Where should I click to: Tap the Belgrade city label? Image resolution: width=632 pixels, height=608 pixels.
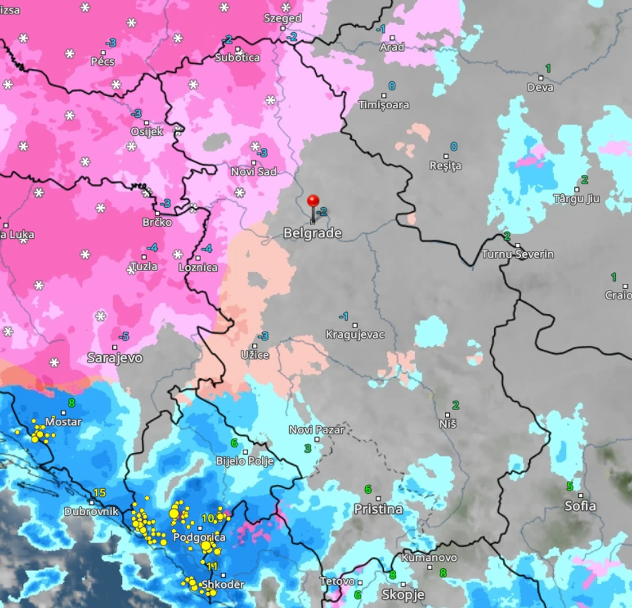point(312,233)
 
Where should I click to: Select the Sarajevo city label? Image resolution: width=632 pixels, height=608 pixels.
point(115,358)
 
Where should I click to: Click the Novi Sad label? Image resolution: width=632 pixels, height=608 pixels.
point(253,172)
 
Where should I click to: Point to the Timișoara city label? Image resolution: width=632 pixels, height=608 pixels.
point(383,105)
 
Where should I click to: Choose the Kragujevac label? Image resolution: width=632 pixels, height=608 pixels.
point(355,334)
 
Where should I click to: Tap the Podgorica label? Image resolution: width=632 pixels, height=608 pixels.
point(199,537)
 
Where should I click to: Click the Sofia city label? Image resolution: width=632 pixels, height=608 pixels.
point(581,506)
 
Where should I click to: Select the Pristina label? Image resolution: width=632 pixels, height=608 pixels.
point(379,509)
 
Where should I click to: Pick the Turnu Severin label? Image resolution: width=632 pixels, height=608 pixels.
point(518,254)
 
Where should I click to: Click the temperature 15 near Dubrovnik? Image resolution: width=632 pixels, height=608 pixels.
point(100,493)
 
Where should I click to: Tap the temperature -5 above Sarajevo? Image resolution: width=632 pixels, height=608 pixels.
point(124,336)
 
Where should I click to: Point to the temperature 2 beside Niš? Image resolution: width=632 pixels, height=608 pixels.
point(455,405)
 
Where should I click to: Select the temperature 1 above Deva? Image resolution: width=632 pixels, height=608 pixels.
point(547,69)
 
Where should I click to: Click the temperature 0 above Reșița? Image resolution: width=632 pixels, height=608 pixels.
point(453,147)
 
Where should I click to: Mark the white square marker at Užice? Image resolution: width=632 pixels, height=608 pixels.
point(255,346)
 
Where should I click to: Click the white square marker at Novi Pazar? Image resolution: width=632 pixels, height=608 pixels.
point(317,439)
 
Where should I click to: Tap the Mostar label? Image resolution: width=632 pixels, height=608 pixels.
point(63,422)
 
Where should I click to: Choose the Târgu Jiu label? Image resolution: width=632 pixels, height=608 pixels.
point(576,198)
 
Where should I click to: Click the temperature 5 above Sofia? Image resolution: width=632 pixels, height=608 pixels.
point(569,486)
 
